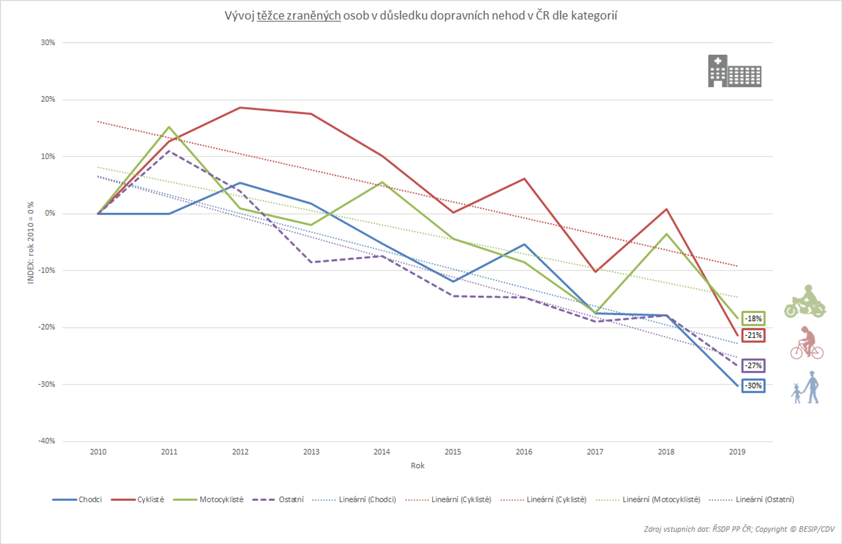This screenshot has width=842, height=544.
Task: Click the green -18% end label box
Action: pos(753,318)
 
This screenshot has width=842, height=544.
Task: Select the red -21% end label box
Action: pos(753,335)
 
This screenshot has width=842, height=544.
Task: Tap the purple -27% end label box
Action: pos(753,365)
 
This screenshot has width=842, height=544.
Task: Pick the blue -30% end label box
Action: pos(753,385)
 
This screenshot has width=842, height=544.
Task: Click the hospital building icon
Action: pos(734,71)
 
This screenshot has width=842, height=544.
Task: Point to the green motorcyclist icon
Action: pos(805,302)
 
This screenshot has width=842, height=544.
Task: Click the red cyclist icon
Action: pos(806,343)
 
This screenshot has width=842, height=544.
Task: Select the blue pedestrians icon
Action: pos(806,387)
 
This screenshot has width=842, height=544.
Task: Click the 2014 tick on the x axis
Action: pos(382,451)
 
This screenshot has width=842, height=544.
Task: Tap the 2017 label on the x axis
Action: pos(595,451)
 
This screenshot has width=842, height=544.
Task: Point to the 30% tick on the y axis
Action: pos(48,42)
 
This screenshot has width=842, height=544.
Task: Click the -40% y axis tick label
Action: pos(47,441)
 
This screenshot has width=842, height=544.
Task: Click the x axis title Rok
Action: pos(417,466)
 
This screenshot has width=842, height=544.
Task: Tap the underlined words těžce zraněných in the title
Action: pos(299,15)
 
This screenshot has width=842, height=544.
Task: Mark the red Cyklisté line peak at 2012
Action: pos(240,107)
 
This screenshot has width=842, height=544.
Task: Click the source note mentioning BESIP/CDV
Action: pos(739,529)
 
